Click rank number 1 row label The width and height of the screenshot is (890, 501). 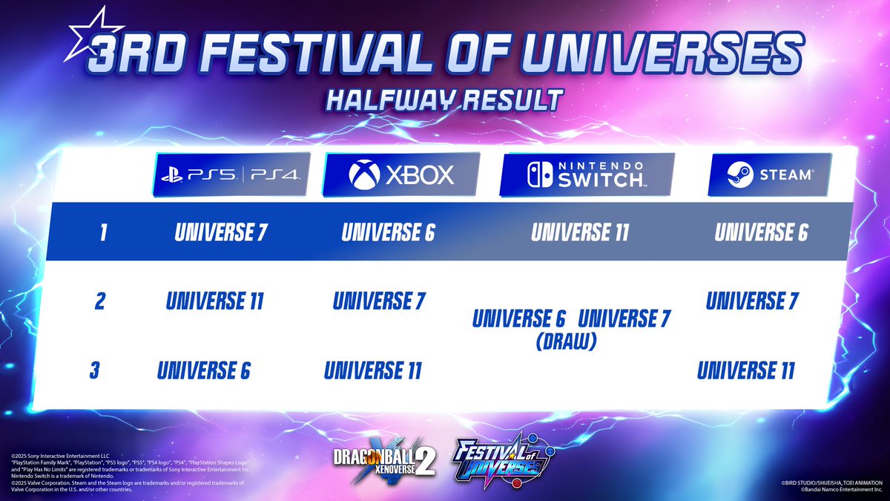point(104,233)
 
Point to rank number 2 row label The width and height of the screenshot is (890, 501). point(100,302)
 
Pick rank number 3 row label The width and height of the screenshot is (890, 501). point(94,370)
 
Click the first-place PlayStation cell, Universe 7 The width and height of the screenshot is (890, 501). point(222,233)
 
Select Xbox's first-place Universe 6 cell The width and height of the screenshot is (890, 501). point(388,233)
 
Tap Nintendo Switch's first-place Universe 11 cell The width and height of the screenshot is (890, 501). point(580,233)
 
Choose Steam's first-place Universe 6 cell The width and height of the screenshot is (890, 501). point(761,233)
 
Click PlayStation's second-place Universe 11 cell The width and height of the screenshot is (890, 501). point(215,302)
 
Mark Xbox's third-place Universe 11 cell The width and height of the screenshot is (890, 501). point(372,370)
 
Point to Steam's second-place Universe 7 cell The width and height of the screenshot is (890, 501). point(752,301)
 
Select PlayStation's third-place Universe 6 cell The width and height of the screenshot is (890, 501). point(204,370)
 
